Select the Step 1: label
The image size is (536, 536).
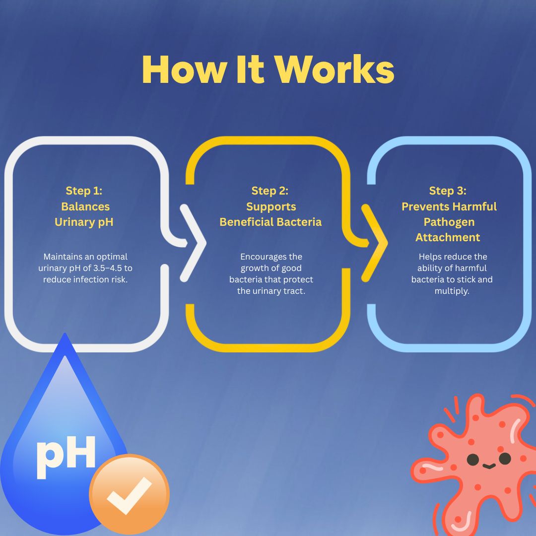click(x=84, y=191)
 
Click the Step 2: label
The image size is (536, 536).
click(x=270, y=191)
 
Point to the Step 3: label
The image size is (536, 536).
click(x=448, y=191)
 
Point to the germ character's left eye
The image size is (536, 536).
click(x=473, y=460)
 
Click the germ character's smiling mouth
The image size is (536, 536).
click(x=489, y=466)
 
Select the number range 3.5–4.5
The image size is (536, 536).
click(x=108, y=268)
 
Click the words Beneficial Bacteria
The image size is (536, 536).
click(x=270, y=222)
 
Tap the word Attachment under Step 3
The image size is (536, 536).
click(x=448, y=237)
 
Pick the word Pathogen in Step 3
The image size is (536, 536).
click(x=449, y=222)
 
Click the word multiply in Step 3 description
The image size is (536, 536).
click(x=452, y=291)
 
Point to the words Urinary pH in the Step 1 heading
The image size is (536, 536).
click(x=84, y=222)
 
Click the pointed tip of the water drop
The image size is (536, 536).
click(x=65, y=334)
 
